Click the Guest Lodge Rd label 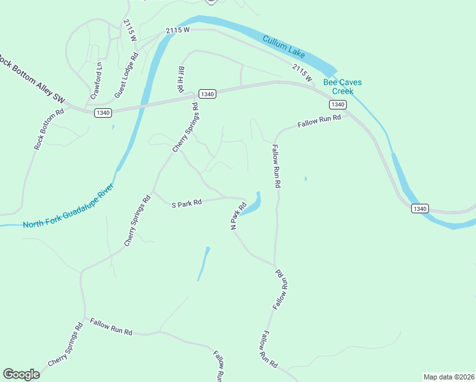click(126, 76)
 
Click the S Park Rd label click(186, 203)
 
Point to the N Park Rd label click(238, 216)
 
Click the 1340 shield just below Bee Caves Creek click(338, 104)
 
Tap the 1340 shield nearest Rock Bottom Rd click(103, 113)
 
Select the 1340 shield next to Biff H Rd click(208, 94)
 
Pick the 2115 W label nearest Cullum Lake click(303, 73)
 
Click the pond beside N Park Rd click(253, 204)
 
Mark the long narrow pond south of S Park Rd click(203, 264)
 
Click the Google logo click(21, 374)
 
